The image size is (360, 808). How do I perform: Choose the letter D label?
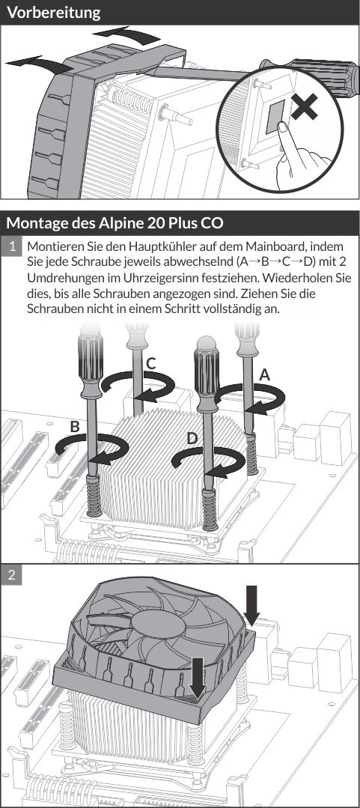[x=192, y=436]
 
